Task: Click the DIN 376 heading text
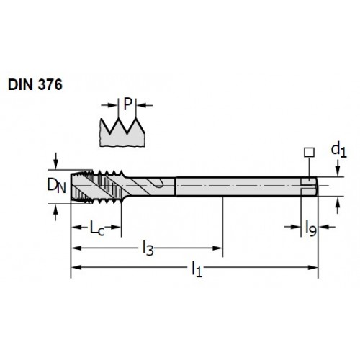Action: [x=35, y=84]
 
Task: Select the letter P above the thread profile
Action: [x=128, y=104]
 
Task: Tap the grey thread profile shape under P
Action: [x=122, y=133]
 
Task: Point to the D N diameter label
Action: [x=56, y=186]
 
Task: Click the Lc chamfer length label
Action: [x=97, y=228]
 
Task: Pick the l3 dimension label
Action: [x=148, y=248]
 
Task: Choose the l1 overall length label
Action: [x=197, y=269]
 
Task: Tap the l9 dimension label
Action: [x=311, y=228]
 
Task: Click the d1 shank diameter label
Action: [x=338, y=150]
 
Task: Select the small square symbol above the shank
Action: [x=309, y=153]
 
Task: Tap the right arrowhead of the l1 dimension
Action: [x=313, y=267]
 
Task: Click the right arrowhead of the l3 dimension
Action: [x=218, y=248]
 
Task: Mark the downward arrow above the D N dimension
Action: [x=55, y=161]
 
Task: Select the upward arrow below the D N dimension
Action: [x=55, y=212]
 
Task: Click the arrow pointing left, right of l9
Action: [x=327, y=227]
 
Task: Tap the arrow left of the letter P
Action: [x=109, y=105]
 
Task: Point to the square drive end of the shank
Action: [x=310, y=186]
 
